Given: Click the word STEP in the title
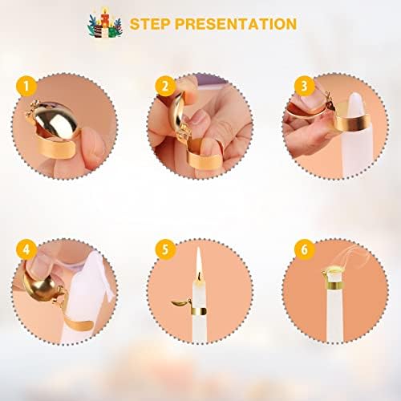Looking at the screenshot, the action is point(150,24).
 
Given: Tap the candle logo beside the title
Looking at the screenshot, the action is point(105,23).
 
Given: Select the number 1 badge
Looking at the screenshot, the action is point(26,86).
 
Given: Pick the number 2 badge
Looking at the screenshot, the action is point(165,86).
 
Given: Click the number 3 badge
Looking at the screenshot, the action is point(305,86).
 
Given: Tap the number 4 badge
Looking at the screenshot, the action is point(26,249).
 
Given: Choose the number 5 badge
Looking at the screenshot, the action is point(165,249).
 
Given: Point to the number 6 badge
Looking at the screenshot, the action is point(305,249).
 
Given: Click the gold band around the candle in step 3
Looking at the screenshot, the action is point(351,119).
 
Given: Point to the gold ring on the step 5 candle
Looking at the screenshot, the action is point(199,311).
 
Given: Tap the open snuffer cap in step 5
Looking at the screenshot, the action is point(180,303).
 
